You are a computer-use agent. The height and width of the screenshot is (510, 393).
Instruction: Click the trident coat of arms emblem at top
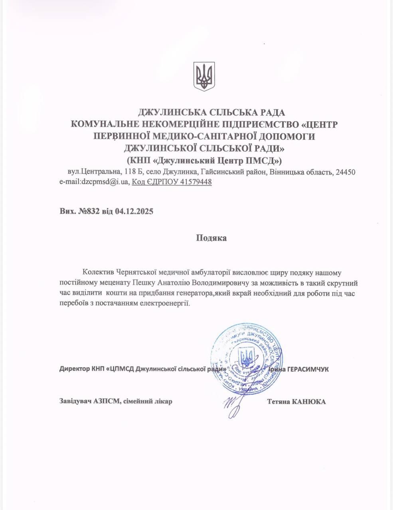point(204,75)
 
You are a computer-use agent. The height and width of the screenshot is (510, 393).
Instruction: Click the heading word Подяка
point(211,238)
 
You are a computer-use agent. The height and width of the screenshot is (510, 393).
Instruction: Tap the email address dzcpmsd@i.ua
point(94,182)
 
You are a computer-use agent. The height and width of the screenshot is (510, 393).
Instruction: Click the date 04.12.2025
point(134,211)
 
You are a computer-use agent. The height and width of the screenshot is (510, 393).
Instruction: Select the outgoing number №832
point(89,211)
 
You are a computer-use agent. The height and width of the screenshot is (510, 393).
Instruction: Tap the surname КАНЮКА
point(309,401)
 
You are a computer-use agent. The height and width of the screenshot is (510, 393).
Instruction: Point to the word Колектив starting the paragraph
point(99,273)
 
